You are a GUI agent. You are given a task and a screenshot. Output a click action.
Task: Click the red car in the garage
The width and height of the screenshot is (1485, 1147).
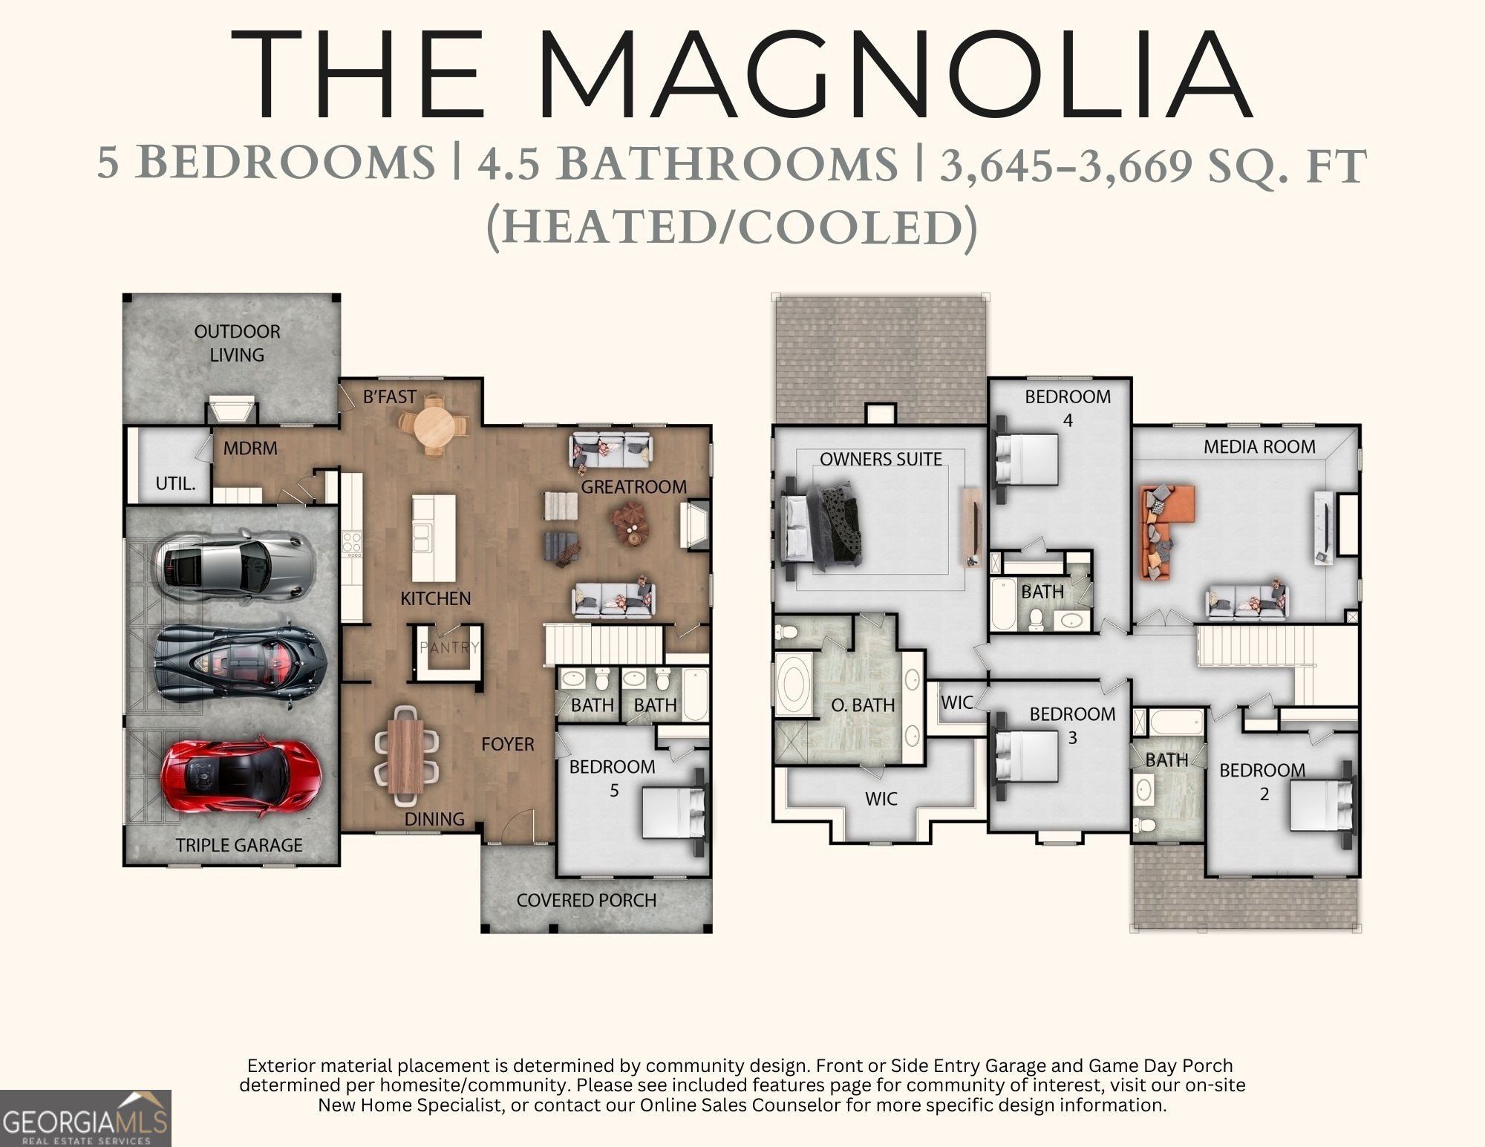click(240, 777)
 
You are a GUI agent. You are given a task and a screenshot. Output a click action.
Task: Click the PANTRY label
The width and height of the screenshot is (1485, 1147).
click(449, 647)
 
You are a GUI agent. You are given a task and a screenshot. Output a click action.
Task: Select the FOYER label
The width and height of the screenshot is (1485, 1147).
click(507, 744)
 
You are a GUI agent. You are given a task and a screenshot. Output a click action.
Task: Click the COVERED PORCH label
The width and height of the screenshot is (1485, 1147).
click(587, 900)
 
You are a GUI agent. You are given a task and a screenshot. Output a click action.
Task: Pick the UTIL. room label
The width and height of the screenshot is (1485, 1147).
click(175, 483)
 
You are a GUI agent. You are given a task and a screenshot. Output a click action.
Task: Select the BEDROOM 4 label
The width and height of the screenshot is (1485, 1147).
click(1068, 408)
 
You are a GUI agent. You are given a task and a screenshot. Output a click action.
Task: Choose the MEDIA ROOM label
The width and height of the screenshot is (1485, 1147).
click(1259, 446)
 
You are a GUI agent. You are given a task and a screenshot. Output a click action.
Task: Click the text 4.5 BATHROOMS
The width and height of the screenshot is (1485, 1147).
click(687, 164)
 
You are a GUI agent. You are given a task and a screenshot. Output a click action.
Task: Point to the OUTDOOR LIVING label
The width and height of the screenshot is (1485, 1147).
click(237, 343)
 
